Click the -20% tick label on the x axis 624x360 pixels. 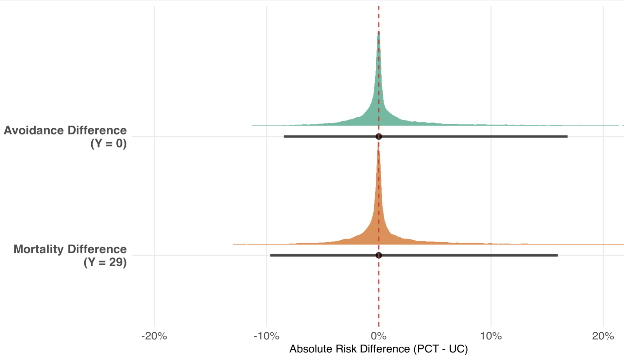point(154,336)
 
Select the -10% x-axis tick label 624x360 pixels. point(266,336)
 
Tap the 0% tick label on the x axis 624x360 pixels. point(379,336)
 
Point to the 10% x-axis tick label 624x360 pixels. point(491,336)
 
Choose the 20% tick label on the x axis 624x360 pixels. point(603,336)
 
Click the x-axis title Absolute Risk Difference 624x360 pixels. point(349,349)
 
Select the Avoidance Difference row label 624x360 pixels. point(65,130)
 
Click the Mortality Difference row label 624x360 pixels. point(70,249)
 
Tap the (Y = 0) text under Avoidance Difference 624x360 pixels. point(108,143)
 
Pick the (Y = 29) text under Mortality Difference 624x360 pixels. point(105,262)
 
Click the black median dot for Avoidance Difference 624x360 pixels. point(379,137)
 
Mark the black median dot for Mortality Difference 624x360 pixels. point(379,255)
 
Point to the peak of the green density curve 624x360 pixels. point(379,32)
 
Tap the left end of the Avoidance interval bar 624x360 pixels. point(285,137)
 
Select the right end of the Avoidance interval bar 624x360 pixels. point(567,137)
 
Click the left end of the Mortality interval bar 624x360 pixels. point(271,255)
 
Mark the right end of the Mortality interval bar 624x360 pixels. point(557,255)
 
